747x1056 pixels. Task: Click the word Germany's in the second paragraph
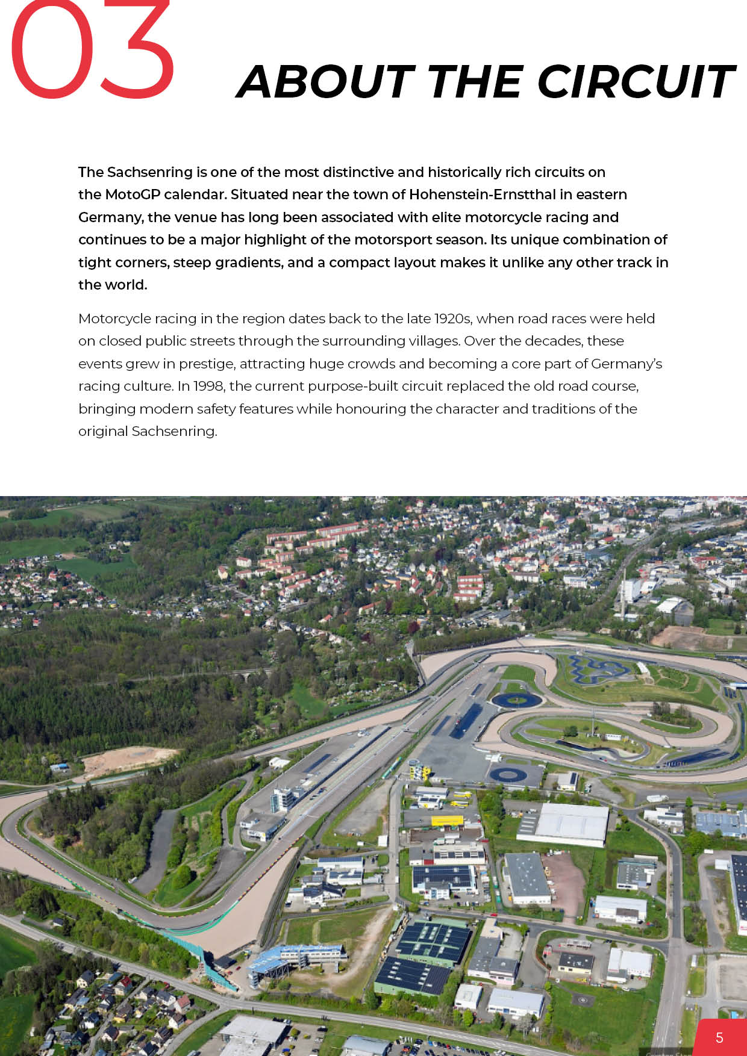627,364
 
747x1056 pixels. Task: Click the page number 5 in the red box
719,1037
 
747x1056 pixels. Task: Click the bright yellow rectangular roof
447,820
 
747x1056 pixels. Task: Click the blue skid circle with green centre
516,700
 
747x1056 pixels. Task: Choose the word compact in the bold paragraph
357,262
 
